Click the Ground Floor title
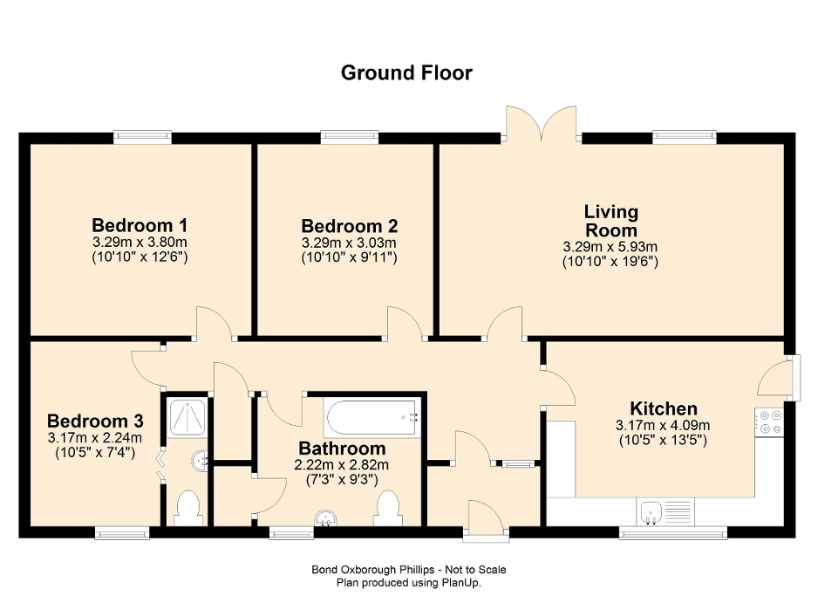click(406, 72)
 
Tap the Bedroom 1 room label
click(140, 224)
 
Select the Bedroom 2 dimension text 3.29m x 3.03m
click(349, 243)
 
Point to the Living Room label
click(610, 221)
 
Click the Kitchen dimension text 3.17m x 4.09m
click(663, 426)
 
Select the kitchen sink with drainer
click(664, 511)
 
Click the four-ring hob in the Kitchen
click(769, 421)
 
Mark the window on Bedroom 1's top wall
click(142, 136)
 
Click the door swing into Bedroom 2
click(404, 323)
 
